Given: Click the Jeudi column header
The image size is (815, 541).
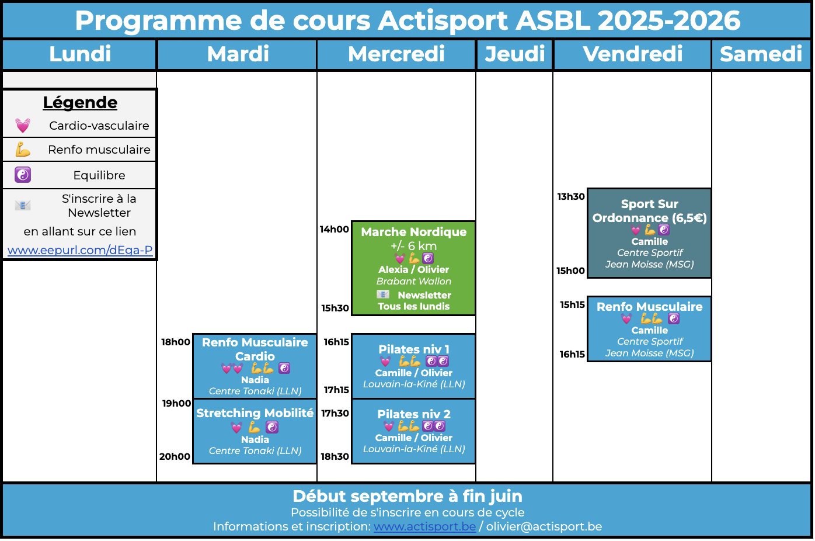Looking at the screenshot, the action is (514, 54).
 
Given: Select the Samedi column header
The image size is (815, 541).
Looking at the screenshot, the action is (761, 54).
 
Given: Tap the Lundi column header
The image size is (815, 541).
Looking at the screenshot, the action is (80, 54).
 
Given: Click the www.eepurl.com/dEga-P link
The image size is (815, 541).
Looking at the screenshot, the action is (80, 250).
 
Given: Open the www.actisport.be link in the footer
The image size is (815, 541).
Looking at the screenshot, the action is (424, 526).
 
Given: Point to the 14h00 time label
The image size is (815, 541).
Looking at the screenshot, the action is (335, 230).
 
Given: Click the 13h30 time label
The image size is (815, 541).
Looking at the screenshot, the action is (571, 197).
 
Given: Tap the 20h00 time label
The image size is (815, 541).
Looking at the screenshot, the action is (175, 456).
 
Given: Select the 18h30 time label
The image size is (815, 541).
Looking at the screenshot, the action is (335, 456).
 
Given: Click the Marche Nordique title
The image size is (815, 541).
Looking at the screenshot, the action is (414, 232).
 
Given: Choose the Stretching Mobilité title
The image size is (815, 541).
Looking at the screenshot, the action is (255, 413).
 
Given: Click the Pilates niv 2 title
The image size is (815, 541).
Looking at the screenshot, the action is (414, 414).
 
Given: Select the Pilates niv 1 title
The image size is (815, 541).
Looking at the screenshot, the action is (414, 349).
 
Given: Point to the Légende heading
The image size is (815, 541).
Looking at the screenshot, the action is (80, 102).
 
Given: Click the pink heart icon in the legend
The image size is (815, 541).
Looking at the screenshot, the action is (23, 126).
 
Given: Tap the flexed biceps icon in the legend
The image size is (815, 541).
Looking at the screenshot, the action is (23, 149).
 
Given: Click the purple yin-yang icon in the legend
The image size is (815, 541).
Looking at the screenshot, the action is (23, 175).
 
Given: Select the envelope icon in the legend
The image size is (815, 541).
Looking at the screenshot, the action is (23, 205).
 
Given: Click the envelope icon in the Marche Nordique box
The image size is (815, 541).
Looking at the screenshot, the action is (383, 294).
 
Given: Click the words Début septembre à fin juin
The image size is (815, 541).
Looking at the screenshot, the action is (407, 496).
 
